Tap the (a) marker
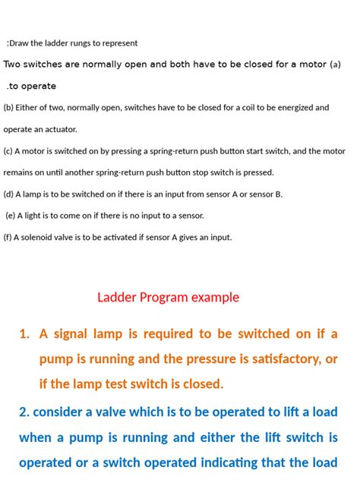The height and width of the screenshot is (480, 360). click(x=335, y=65)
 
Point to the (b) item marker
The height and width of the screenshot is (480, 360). click(x=8, y=108)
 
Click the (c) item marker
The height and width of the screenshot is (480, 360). click(x=8, y=151)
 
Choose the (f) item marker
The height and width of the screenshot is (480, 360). click(x=8, y=237)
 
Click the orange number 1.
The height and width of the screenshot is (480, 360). click(x=24, y=333)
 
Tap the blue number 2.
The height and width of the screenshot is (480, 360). click(x=24, y=412)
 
